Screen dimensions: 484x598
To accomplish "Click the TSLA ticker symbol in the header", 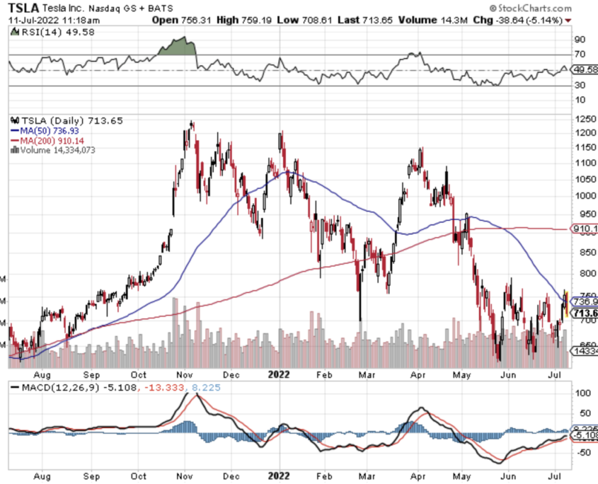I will [x=23, y=8].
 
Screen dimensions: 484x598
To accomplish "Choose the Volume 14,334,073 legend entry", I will [x=57, y=150].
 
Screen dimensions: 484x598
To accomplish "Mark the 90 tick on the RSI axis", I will [x=578, y=40].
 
